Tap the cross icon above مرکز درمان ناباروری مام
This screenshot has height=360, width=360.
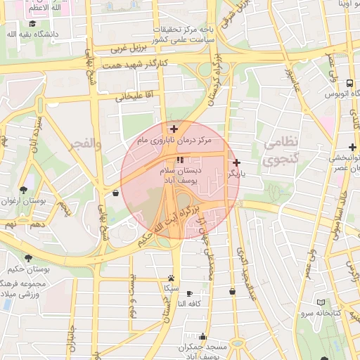174,129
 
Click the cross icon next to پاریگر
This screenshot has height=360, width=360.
236,162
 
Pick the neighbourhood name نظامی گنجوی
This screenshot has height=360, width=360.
281,151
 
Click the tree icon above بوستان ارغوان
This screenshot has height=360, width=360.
23,190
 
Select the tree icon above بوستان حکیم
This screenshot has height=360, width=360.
28,258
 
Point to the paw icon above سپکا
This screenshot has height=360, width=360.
171,278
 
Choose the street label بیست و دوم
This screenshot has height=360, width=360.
131,294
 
